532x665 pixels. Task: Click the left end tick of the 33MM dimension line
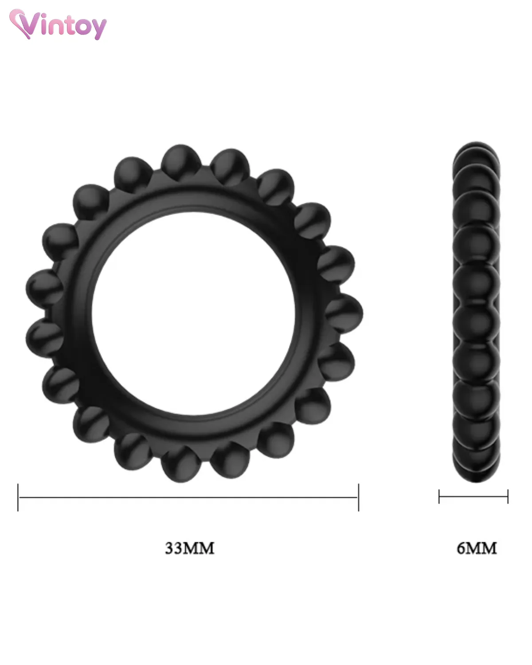[18, 497]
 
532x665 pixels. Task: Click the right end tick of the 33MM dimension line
[359, 497]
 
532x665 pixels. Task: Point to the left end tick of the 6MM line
[439, 497]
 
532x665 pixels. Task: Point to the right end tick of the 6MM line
[508, 497]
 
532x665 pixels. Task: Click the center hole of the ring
[193, 313]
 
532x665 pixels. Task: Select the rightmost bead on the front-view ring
[344, 313]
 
